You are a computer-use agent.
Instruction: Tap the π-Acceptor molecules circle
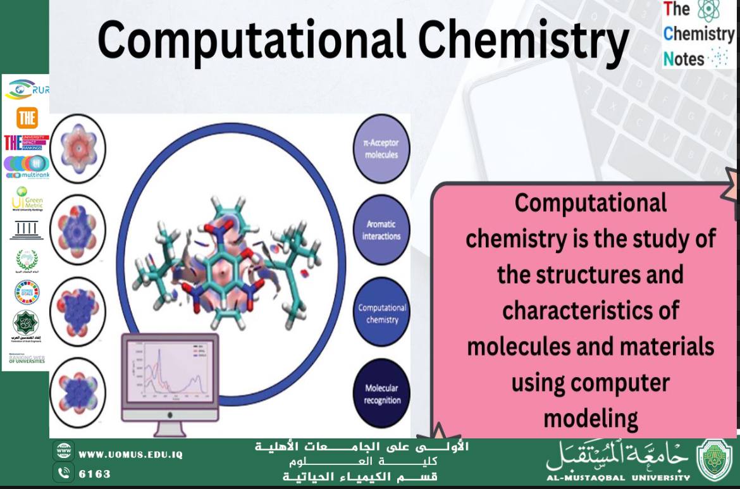381,149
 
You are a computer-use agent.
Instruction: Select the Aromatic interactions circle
381,230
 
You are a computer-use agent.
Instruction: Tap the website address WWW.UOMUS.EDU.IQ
130,455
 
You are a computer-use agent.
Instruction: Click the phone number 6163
95,474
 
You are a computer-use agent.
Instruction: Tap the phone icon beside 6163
64,472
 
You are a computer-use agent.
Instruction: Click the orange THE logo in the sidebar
27,118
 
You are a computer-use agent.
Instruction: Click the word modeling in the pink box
590,418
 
